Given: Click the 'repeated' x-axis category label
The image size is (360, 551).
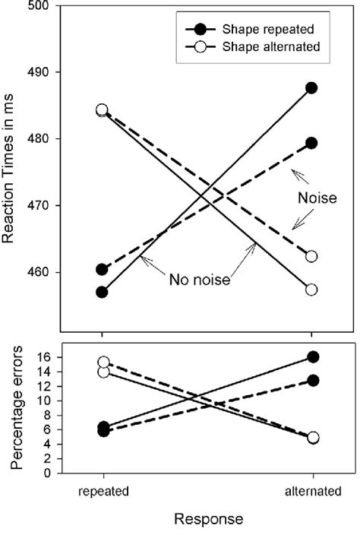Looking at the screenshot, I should [102, 492].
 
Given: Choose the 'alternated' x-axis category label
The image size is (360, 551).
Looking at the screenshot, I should [311, 492].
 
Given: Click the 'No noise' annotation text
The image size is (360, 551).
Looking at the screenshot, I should [198, 279].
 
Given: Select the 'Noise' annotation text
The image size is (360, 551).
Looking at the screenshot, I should [314, 196].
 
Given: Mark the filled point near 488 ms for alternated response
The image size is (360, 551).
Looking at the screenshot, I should [311, 87].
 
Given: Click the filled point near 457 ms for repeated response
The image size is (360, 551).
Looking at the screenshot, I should [102, 292].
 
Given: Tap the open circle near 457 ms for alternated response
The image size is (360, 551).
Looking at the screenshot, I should [311, 290].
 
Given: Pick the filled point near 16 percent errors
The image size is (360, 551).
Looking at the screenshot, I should [311, 356].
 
